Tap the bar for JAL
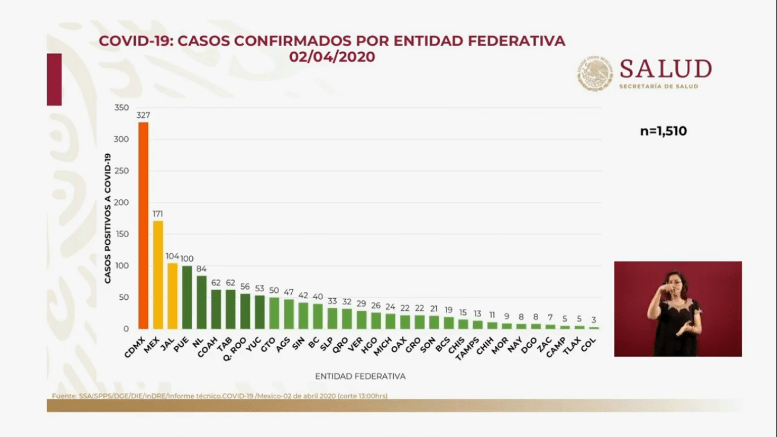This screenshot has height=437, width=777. pyautogui.click(x=172, y=296)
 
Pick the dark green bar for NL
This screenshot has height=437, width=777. pyautogui.click(x=201, y=302)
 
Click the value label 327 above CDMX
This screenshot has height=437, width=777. pyautogui.click(x=143, y=116)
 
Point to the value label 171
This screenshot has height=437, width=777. pyautogui.click(x=158, y=214)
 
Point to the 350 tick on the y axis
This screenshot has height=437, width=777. pyautogui.click(x=121, y=108)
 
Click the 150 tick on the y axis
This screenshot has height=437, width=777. pyautogui.click(x=121, y=234)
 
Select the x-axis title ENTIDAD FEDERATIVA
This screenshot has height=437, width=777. pyautogui.click(x=360, y=376)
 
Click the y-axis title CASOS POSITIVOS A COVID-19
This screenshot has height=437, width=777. pyautogui.click(x=107, y=218)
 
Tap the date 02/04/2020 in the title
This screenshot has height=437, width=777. pyautogui.click(x=332, y=57)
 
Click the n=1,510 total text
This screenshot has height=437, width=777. pyautogui.click(x=663, y=131)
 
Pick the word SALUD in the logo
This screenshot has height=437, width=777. pyautogui.click(x=666, y=69)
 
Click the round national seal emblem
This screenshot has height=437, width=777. pyautogui.click(x=595, y=74)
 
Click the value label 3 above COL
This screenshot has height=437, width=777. pyautogui.click(x=593, y=320)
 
